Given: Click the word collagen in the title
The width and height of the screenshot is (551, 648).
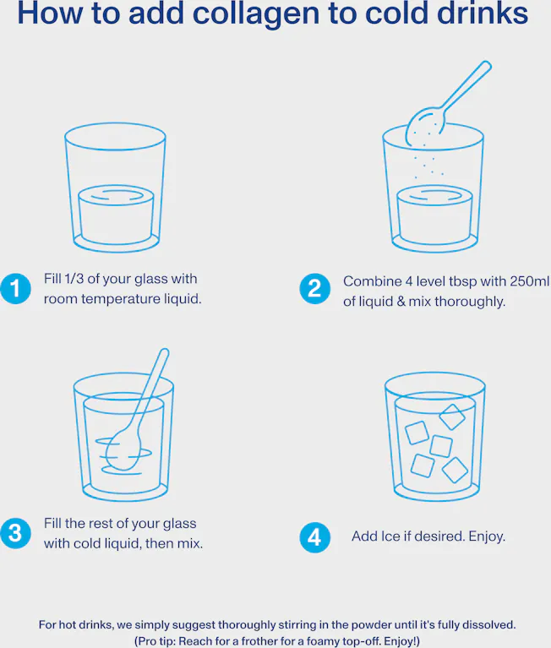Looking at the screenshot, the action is click(x=256, y=14).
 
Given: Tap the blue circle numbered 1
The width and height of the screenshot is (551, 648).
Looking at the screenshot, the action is click(x=16, y=288).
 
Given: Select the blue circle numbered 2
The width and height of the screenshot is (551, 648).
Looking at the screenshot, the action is click(x=315, y=288).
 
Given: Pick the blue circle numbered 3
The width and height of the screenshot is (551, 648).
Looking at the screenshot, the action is click(x=16, y=533).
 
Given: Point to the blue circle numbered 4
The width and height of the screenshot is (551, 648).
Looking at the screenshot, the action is click(x=315, y=537).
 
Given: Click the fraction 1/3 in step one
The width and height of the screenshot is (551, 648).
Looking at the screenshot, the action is click(x=74, y=279).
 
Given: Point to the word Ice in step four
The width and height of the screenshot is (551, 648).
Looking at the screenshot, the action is click(x=388, y=536).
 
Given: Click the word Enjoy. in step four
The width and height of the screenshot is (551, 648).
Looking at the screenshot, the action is click(x=487, y=536).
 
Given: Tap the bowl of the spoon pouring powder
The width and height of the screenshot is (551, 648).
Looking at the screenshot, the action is click(x=425, y=126).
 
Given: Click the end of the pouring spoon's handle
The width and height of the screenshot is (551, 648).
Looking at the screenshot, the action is click(x=487, y=66).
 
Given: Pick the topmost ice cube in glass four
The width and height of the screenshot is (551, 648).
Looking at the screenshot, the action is click(x=452, y=417).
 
